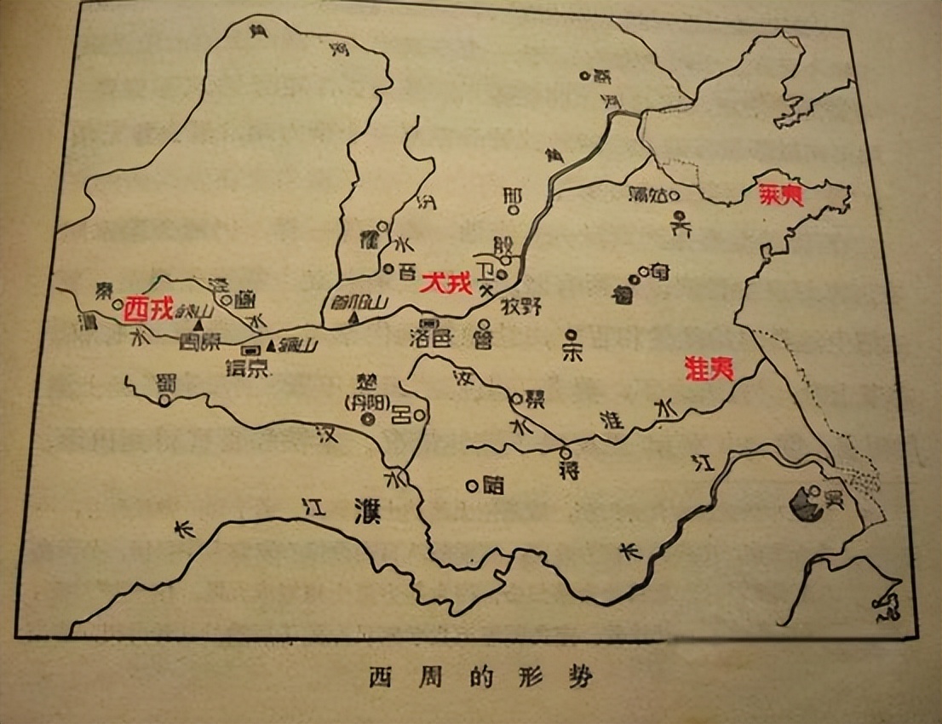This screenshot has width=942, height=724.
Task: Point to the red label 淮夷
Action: point(709,368)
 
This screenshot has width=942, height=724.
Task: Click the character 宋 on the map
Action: point(572,354)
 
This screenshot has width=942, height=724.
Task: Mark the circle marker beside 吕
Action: point(419,416)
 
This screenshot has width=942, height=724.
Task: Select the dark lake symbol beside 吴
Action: point(803,503)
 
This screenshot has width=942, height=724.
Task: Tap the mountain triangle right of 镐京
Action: point(273,346)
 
